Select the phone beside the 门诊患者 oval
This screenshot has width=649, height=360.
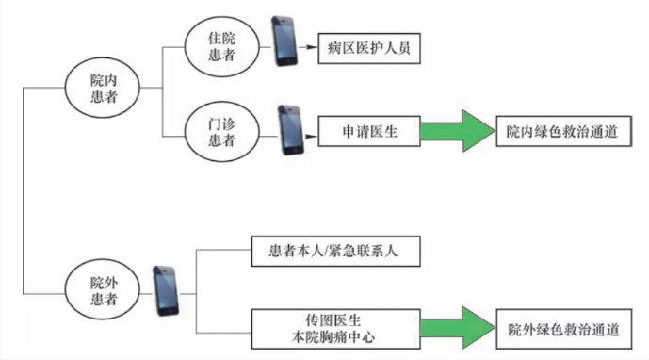click(290, 133)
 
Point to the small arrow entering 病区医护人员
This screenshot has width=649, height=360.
click(309, 46)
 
